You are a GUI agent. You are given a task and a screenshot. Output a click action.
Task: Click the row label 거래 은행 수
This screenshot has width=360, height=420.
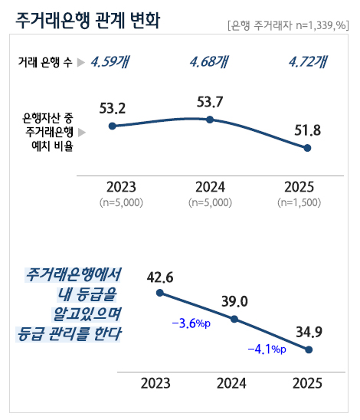click(45, 62)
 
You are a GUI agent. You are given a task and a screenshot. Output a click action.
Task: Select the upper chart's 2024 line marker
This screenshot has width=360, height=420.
click(210, 120)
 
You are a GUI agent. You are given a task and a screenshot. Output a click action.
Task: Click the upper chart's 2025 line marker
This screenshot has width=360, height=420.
click(307, 148)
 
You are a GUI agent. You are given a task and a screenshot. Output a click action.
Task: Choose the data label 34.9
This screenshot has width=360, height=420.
click(309, 332)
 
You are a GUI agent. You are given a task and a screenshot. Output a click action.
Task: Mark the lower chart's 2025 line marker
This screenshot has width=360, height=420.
click(309, 349)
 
